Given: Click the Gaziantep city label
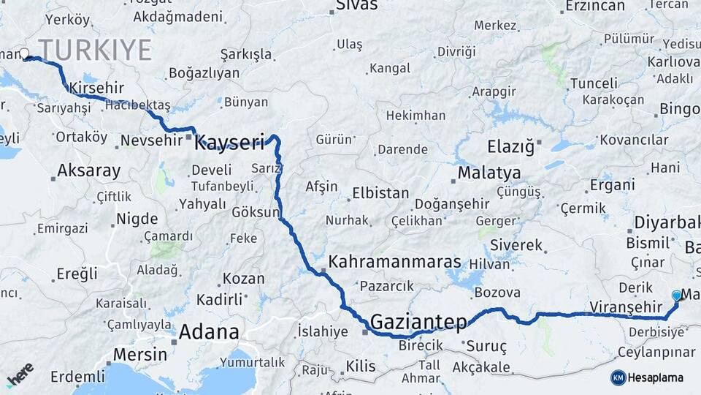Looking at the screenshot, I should (x=418, y=322).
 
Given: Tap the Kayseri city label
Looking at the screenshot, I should (x=229, y=142).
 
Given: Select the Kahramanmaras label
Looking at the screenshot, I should (x=394, y=261).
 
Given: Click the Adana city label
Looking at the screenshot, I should (x=209, y=332).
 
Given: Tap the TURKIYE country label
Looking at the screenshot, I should (x=95, y=50).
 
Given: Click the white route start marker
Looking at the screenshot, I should (x=26, y=54).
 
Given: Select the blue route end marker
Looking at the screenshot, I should (x=677, y=296).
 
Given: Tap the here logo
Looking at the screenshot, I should (x=20, y=375).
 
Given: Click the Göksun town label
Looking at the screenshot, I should (x=256, y=213).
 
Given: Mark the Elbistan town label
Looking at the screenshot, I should (x=380, y=194).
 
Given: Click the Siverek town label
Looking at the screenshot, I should (x=516, y=245).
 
